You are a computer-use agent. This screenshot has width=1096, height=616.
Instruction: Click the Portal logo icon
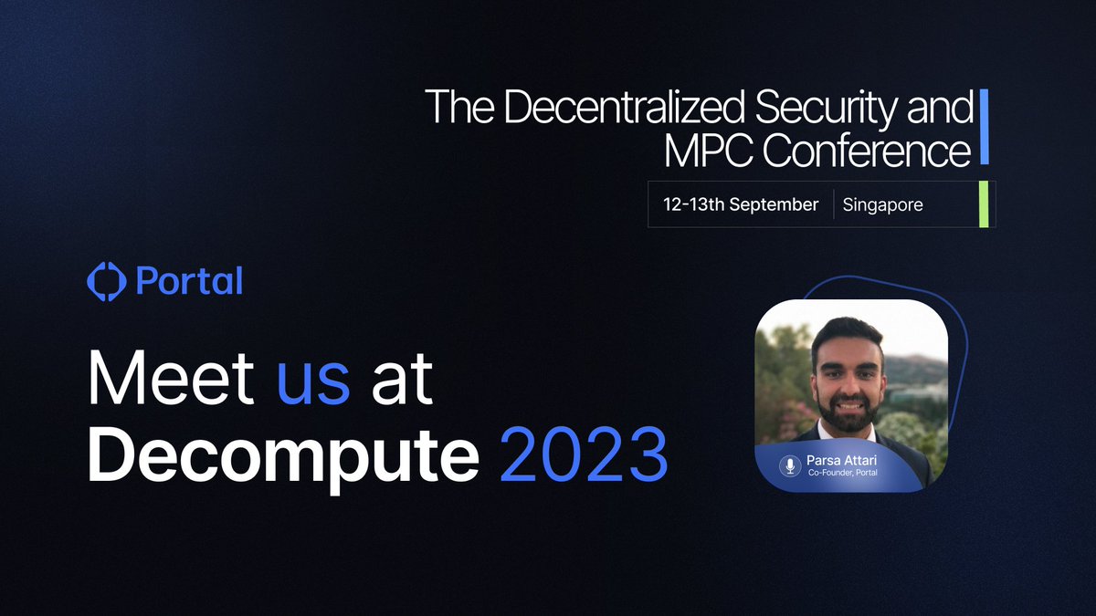[x=105, y=281]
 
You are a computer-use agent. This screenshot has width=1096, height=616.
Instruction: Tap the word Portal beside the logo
[x=189, y=281]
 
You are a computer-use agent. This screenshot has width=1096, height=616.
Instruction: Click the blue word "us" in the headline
[x=313, y=381]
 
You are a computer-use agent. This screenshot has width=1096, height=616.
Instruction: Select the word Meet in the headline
[x=172, y=381]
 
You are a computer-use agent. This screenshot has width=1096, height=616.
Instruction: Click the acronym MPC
[x=707, y=151]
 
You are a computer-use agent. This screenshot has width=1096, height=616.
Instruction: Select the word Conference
[x=866, y=151]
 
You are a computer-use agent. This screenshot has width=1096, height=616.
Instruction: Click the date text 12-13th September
[x=741, y=204]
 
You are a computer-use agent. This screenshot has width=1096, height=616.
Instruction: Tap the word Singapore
[x=882, y=204]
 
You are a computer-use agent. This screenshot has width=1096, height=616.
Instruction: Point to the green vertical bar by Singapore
[x=984, y=204]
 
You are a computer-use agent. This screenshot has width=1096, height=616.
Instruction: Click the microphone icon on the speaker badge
[x=788, y=465]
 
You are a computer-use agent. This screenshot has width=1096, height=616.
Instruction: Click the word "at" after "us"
[x=401, y=381]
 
